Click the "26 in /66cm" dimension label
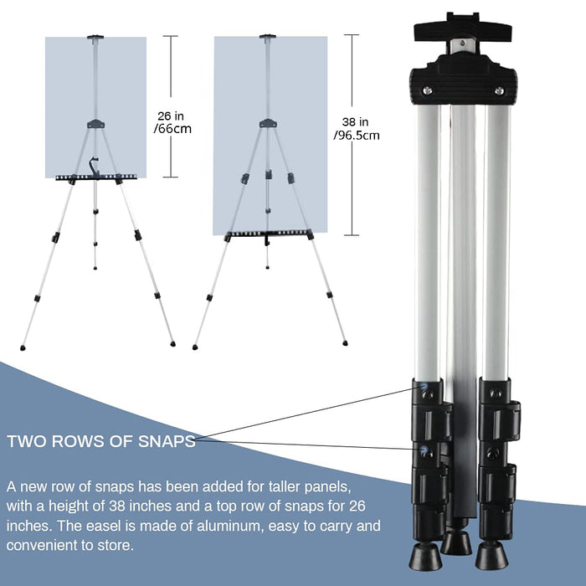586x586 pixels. coord(172,122)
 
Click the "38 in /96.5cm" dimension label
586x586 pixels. coord(356,128)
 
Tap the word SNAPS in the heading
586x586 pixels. coord(167,441)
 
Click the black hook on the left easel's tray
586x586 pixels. coord(94,166)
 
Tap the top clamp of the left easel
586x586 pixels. coord(95,38)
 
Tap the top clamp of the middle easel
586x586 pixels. coord(268,37)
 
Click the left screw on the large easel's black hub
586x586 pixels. coord(427,90)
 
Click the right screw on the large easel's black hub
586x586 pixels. coord(499,90)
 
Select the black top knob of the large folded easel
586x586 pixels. coord(463,27)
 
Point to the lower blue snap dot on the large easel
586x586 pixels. coord(424,449)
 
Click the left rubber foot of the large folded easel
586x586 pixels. coord(424,556)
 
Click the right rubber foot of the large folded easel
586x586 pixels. coord(492,556)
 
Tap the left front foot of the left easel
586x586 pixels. coord(23,348)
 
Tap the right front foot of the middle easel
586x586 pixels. coord(345,343)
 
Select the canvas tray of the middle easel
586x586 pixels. coord(269,234)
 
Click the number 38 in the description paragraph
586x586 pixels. coord(117,506)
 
